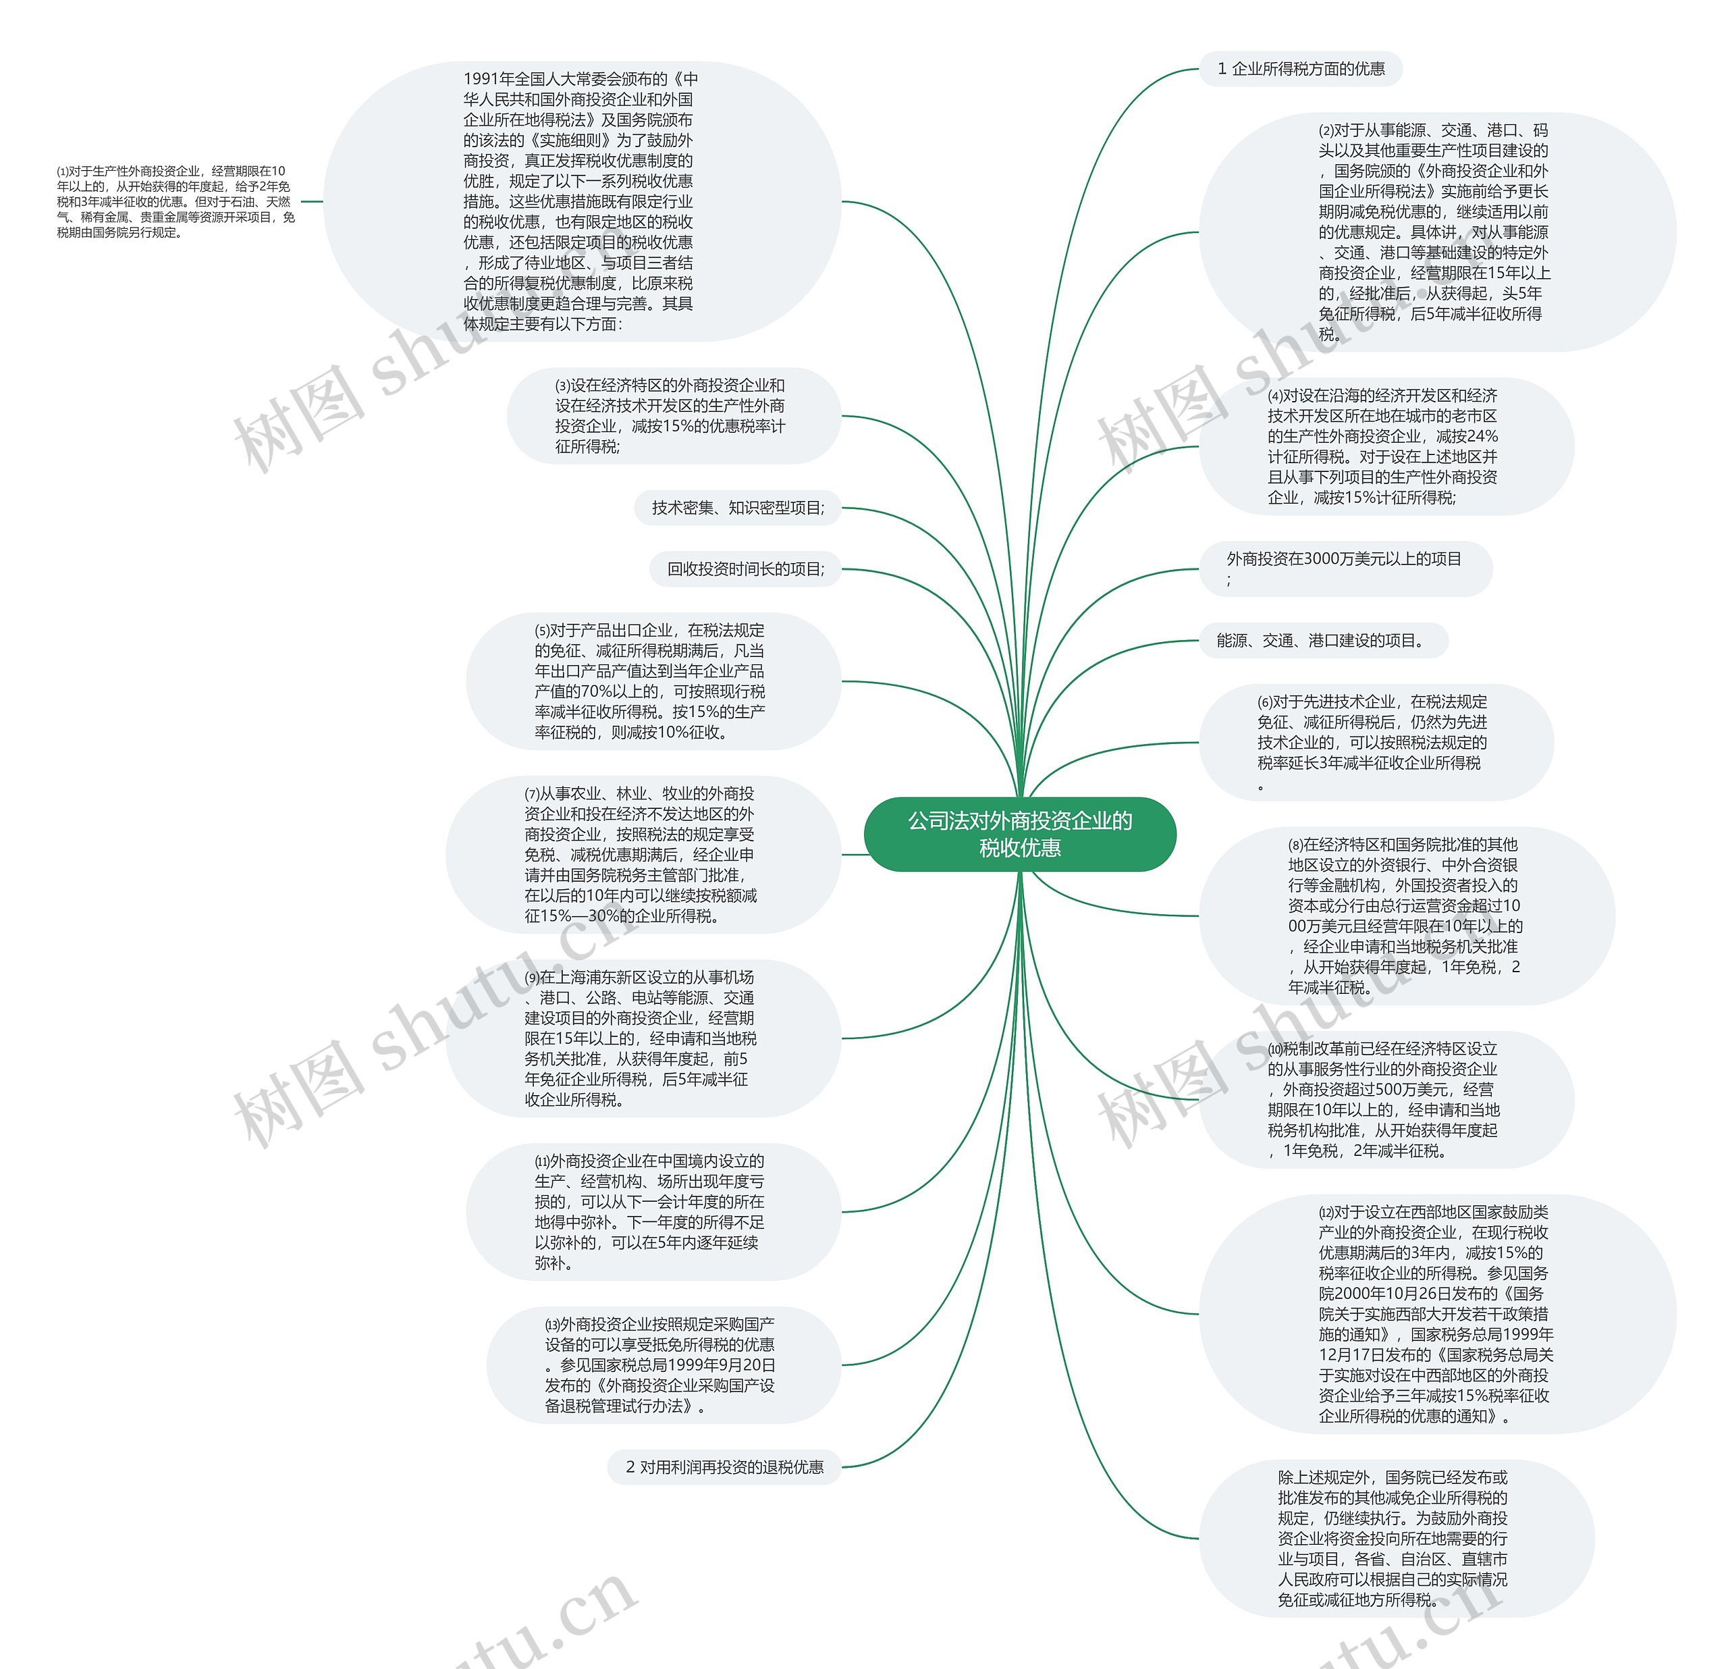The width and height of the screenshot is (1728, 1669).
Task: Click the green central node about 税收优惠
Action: coord(1020,834)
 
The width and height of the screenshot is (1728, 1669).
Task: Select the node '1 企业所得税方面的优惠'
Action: coord(1301,69)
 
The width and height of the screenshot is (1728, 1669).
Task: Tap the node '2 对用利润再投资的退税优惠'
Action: coord(724,1467)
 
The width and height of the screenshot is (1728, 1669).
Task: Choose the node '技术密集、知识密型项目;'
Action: coord(738,508)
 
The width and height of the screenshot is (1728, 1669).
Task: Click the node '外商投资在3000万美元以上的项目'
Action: coord(1345,568)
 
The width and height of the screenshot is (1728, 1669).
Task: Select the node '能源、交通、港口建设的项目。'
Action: coord(1322,640)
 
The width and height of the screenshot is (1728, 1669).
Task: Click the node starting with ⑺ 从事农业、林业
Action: coord(641,854)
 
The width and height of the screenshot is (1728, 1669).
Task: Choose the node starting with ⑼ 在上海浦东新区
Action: coord(641,1038)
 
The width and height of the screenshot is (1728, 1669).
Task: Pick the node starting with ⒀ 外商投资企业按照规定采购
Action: coord(661,1365)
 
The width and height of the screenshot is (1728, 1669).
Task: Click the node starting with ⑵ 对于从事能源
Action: coord(1434,232)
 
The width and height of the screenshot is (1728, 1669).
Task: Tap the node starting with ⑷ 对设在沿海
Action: coord(1384,446)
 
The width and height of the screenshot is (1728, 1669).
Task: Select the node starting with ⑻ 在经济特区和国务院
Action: coord(1405,915)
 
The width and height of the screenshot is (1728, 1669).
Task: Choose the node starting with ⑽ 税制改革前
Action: coord(1384,1099)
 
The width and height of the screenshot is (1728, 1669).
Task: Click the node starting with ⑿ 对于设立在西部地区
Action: coord(1435,1314)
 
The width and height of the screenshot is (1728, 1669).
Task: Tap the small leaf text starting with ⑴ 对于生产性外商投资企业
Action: coord(175,201)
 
